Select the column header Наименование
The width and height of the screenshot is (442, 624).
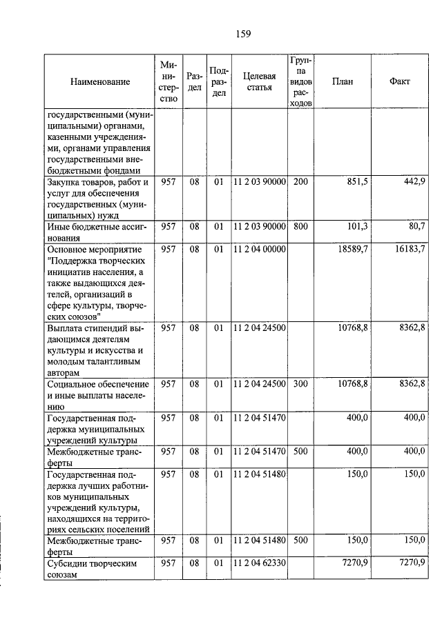(99, 82)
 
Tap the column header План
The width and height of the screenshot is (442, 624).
(342, 81)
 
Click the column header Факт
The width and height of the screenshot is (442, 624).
(399, 81)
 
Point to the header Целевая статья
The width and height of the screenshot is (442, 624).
(259, 81)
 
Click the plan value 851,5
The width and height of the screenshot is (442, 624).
(356, 181)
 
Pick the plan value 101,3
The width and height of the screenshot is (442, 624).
(356, 226)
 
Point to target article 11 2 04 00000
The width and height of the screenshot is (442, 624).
(259, 249)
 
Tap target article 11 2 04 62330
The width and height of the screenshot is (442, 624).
(259, 563)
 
